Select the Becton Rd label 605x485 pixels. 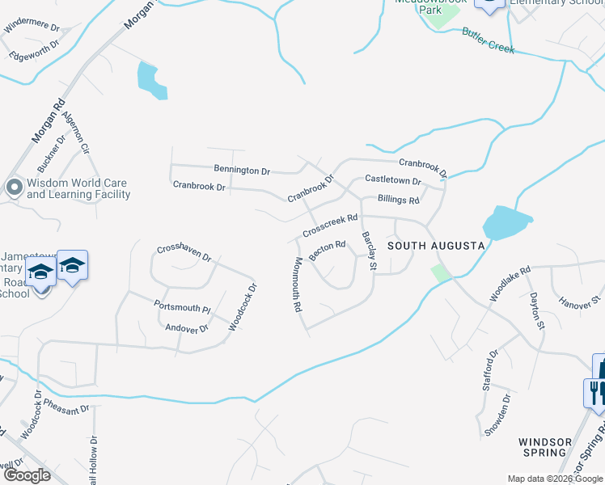328,249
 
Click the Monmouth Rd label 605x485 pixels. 297,285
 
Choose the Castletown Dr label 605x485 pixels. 393,180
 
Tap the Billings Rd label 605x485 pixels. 399,200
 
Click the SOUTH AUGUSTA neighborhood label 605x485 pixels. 436,245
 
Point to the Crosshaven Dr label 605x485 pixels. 184,253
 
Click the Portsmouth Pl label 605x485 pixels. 182,307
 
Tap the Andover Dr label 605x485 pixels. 187,328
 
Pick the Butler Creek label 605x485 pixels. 488,40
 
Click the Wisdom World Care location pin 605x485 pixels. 14,188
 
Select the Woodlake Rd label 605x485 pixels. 510,284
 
